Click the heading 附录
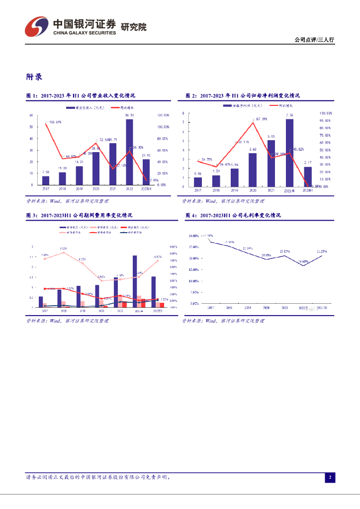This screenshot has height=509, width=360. click(34, 77)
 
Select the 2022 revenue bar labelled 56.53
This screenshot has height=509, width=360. click(129, 152)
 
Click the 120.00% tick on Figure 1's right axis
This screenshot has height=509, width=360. click(163, 115)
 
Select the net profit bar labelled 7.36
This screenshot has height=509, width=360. click(289, 153)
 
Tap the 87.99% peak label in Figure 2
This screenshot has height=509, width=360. click(262, 119)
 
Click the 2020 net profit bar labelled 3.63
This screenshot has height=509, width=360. click(253, 170)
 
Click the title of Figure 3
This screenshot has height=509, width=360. click(79, 215)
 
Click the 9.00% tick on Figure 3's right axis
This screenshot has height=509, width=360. click(173, 247)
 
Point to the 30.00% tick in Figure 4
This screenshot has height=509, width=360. click(193, 235)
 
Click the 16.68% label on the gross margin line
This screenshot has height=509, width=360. click(303, 261)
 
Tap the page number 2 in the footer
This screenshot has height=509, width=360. click(330, 478)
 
